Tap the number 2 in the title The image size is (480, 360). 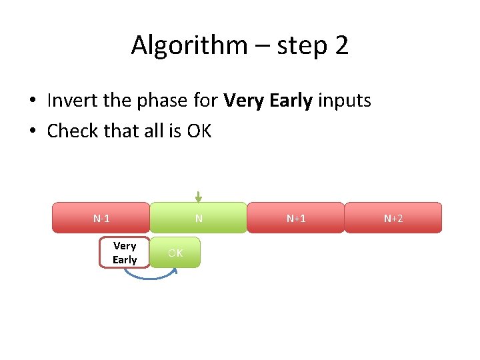tap(341, 45)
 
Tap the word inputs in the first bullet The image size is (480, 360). tap(345, 101)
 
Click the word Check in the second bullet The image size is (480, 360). tap(72, 131)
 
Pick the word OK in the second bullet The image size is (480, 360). tap(199, 131)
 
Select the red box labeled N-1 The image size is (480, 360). tap(101, 218)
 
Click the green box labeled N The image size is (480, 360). tap(198, 218)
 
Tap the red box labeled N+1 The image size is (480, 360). tap(296, 218)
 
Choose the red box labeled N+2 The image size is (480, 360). tap(393, 218)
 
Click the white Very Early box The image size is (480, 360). tap(125, 253)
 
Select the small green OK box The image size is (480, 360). tap(175, 253)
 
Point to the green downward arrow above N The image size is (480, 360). tap(198, 197)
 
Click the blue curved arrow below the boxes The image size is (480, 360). tap(150, 276)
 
